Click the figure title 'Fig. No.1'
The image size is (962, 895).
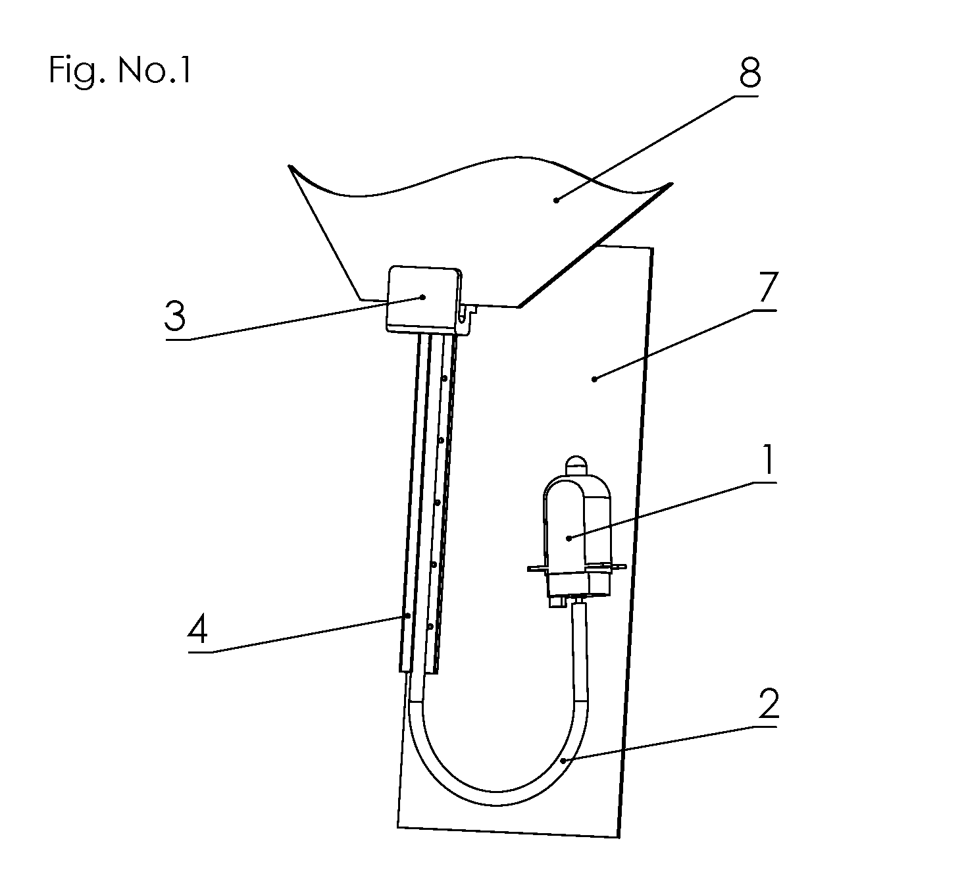click(x=120, y=72)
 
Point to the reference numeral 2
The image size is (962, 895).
click(x=769, y=703)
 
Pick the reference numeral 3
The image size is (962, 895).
click(x=175, y=316)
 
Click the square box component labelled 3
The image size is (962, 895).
click(x=423, y=300)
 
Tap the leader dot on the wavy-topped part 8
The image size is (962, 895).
click(x=557, y=199)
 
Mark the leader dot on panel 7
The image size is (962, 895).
click(x=595, y=379)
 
